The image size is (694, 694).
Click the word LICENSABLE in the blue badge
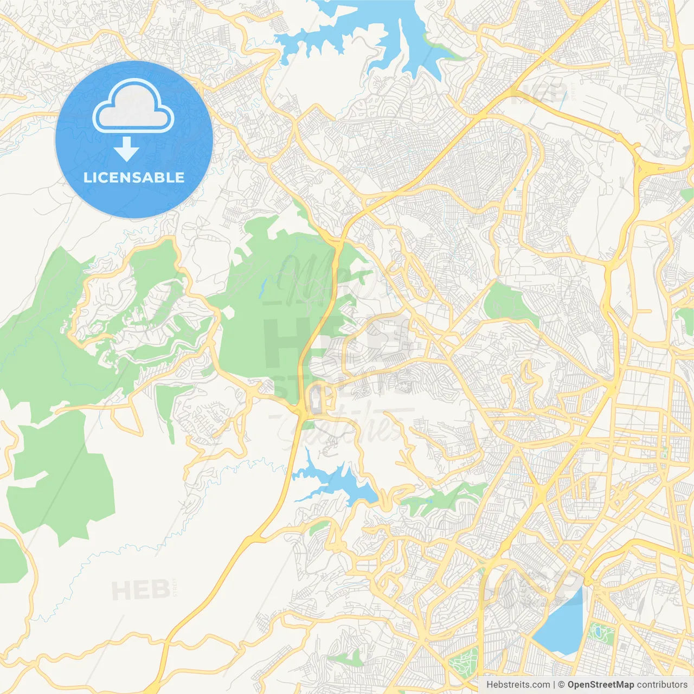(134, 177)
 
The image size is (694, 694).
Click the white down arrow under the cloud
(127, 149)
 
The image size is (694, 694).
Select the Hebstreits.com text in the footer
(518, 685)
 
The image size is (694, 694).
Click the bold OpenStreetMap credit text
(600, 685)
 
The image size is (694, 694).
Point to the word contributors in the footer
(662, 685)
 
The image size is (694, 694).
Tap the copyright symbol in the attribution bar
(562, 685)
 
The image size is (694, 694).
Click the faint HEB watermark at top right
(539, 93)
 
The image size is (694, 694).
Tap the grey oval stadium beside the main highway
(316, 400)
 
